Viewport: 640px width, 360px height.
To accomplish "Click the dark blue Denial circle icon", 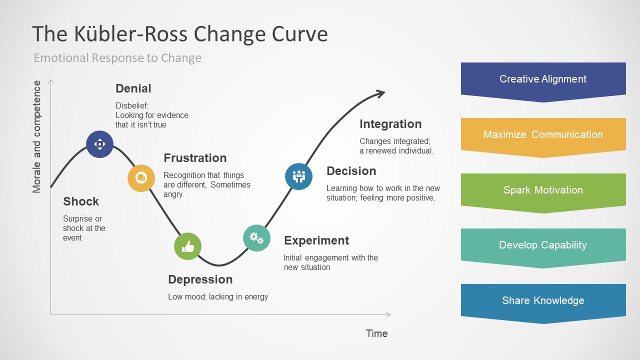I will click(x=100, y=144).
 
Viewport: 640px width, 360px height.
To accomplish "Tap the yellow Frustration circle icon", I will click(x=141, y=178).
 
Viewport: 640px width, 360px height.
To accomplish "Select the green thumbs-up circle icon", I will click(x=187, y=246).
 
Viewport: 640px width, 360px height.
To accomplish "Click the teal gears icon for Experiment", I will click(x=256, y=237).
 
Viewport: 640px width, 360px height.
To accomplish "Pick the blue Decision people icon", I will click(x=298, y=176).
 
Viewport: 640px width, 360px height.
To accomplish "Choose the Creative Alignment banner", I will click(x=543, y=79).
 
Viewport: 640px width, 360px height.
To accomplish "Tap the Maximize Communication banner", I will click(x=543, y=134).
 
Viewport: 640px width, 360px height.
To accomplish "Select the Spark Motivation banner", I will click(x=543, y=190).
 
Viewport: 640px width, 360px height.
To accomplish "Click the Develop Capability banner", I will click(x=543, y=245).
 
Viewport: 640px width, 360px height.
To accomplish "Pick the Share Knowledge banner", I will click(x=543, y=300).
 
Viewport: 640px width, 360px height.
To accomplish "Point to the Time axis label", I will click(x=376, y=333).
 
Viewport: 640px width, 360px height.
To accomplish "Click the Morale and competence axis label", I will click(x=37, y=137).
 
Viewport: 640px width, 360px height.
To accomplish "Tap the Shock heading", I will click(x=81, y=201).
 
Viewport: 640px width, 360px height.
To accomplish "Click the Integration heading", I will click(x=390, y=124).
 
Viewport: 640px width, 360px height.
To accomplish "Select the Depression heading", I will click(x=200, y=279).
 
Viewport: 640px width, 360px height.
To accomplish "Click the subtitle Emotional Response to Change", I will click(x=117, y=58).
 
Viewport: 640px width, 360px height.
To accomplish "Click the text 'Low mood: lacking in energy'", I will click(x=218, y=297).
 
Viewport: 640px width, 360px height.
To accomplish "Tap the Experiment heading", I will click(x=316, y=240).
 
